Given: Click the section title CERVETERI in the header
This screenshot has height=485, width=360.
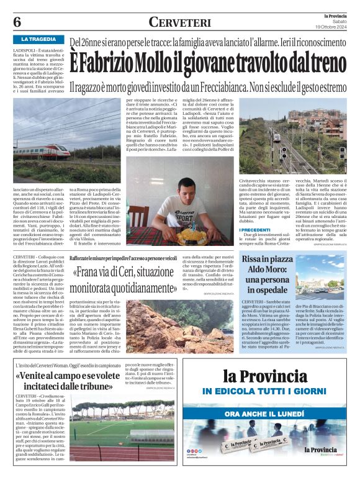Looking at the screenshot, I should [179, 20].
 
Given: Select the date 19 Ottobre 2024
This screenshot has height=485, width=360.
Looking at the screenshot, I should [333, 25].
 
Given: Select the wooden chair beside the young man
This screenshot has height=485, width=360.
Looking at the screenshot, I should [138, 217].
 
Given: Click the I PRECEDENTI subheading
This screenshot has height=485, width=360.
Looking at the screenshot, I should [256, 230].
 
